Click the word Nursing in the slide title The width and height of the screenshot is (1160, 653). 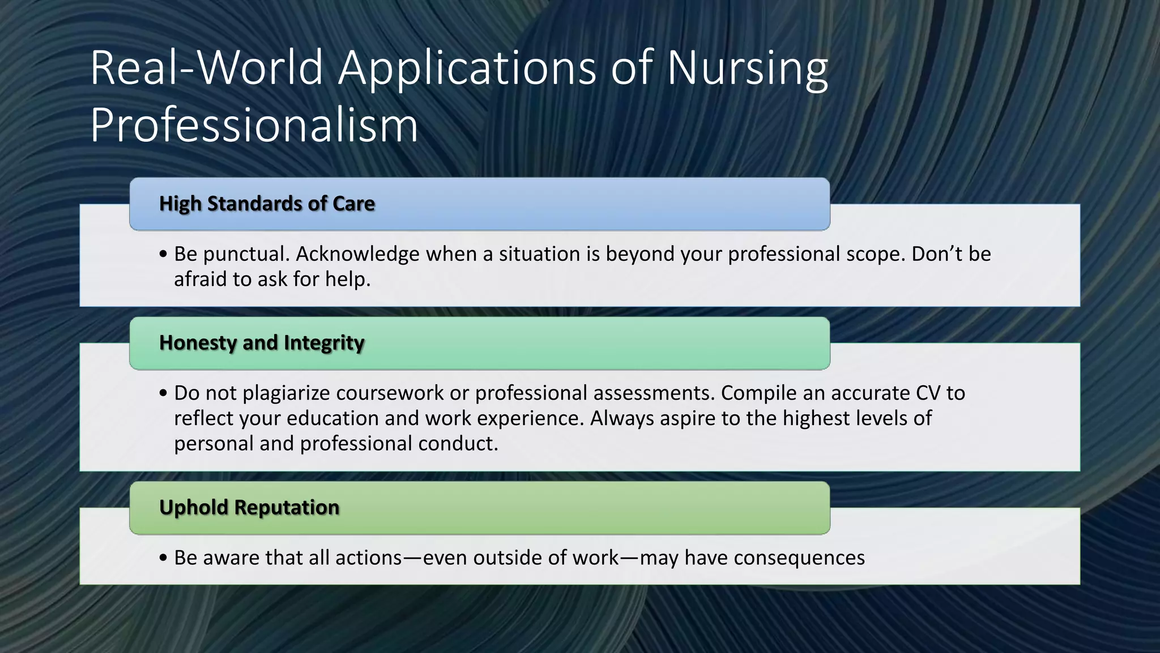pyautogui.click(x=747, y=69)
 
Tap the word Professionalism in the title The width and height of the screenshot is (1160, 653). pyautogui.click(x=254, y=125)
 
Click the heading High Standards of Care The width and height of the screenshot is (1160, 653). pyautogui.click(x=267, y=203)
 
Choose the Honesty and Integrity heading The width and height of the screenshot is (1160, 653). pyautogui.click(x=262, y=343)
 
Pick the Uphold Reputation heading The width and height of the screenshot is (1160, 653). pyautogui.click(x=249, y=507)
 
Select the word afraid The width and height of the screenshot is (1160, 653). pyautogui.click(x=200, y=279)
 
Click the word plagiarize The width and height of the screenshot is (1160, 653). pyautogui.click(x=286, y=393)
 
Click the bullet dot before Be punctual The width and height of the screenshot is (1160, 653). pyautogui.click(x=164, y=255)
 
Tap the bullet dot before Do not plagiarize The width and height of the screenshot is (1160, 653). pyautogui.click(x=164, y=393)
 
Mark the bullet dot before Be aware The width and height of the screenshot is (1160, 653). pyautogui.click(x=164, y=558)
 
